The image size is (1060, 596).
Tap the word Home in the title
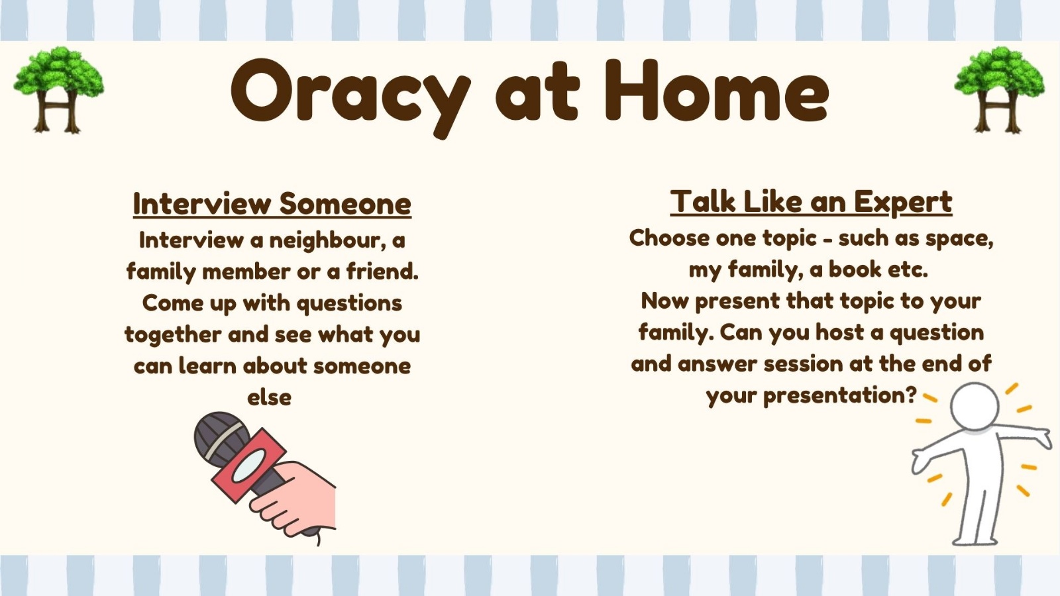[717, 90]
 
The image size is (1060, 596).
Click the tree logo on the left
[59, 90]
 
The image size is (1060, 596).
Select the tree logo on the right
[1000, 90]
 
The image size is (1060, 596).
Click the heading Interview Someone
[272, 204]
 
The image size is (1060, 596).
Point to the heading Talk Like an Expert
[811, 202]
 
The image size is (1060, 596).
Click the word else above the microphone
[269, 397]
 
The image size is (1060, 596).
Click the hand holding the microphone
[297, 497]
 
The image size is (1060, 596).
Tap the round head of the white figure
[975, 407]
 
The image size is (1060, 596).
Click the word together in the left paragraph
[173, 335]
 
